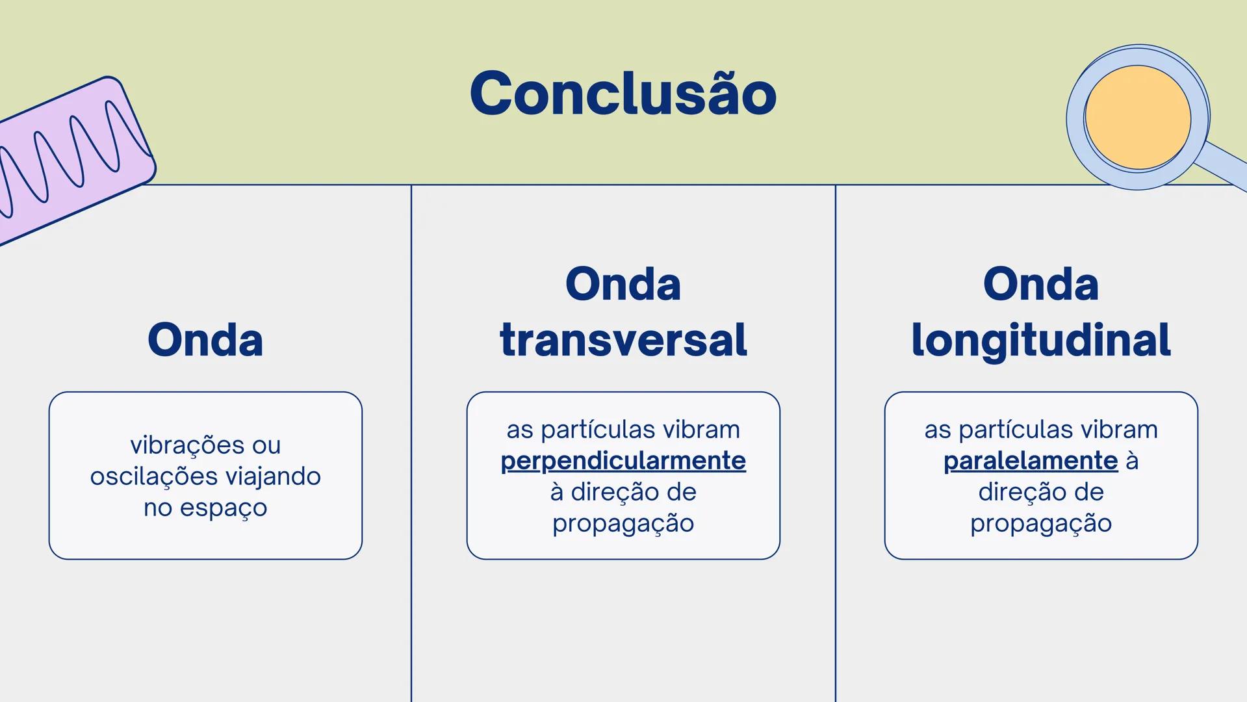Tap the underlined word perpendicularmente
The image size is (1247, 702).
coord(623,461)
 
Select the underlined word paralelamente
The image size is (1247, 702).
coord(1030,461)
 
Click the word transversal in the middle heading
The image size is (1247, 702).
coord(623,340)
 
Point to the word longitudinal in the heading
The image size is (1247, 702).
coord(1040,340)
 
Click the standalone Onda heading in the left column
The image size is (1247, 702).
coord(205,340)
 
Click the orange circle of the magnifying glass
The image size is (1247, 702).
coord(1137,118)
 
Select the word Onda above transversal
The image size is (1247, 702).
coord(623,284)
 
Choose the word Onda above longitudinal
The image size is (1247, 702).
coord(1040,284)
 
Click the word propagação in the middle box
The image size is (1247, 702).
coord(623,523)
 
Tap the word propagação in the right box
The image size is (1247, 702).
coord(1040,523)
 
